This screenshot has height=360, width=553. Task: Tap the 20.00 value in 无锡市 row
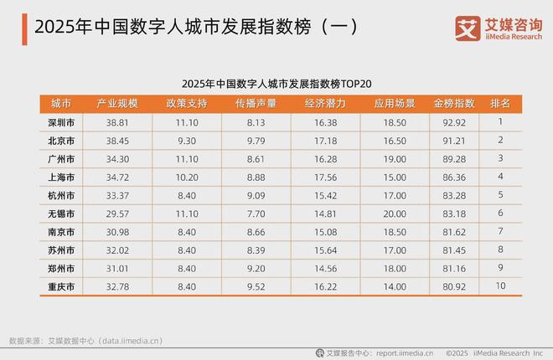coord(393,213)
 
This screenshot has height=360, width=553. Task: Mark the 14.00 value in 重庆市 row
coord(393,287)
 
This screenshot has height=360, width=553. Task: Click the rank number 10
coord(499,287)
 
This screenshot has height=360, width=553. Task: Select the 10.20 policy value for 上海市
coord(188,177)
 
